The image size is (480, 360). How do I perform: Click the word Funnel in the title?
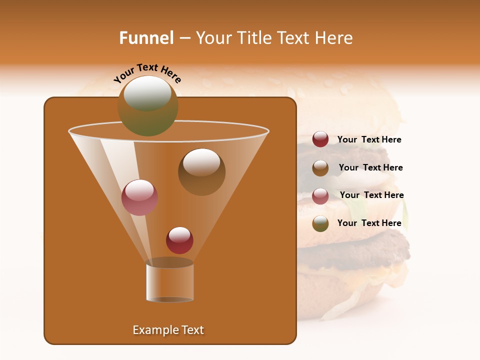click(x=146, y=38)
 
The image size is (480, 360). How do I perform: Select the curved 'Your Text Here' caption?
click(x=147, y=73)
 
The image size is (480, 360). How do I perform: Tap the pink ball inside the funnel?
click(x=139, y=198)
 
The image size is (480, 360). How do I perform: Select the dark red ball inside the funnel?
click(x=179, y=240)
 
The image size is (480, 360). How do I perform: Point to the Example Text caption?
click(x=168, y=330)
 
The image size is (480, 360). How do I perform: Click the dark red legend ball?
click(x=320, y=139)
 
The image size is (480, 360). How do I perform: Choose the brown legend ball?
click(x=320, y=167)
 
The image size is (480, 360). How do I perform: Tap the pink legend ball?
click(x=320, y=195)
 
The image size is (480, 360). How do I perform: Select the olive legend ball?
click(x=320, y=223)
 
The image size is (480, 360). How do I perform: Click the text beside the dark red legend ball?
click(x=369, y=140)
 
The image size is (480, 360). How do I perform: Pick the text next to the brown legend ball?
click(x=370, y=168)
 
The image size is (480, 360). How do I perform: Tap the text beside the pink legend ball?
click(x=371, y=195)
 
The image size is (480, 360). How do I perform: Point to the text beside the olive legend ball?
click(x=369, y=223)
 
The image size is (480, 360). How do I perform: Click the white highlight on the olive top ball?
click(x=147, y=93)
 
